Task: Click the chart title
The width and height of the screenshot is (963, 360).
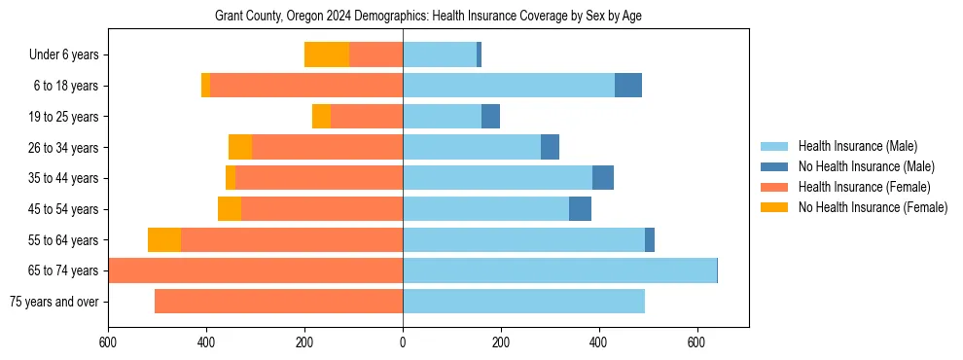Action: point(428,17)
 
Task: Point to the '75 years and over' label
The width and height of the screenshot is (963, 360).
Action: point(54,302)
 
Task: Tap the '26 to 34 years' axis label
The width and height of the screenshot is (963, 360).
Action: point(65,148)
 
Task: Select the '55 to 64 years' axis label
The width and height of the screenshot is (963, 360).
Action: point(65,240)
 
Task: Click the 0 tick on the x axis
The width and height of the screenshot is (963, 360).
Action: point(403,342)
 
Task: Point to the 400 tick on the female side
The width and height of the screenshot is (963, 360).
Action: point(206,342)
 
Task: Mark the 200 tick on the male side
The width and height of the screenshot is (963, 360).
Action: point(501,342)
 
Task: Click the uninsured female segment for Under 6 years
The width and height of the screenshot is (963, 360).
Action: point(327,55)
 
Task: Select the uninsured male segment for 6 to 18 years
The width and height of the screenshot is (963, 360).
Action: point(628,86)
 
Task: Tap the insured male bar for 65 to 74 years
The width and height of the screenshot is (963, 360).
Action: point(559,270)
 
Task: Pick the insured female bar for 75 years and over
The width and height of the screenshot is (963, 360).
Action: point(278,302)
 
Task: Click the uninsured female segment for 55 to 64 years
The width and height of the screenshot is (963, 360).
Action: point(164,240)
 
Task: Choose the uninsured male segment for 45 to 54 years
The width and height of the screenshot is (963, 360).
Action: point(580,209)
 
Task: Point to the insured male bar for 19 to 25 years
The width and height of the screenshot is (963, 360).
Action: point(442,117)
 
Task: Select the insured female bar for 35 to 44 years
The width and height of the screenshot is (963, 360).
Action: point(319,178)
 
